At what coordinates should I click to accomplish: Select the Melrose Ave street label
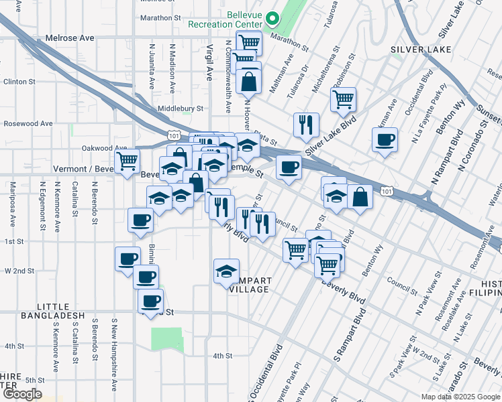click(x=70, y=38)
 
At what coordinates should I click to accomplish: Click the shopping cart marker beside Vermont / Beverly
click(x=128, y=160)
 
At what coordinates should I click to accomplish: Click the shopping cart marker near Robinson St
click(x=343, y=100)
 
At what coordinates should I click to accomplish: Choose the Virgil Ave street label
click(x=209, y=63)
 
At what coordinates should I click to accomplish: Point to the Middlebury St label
click(x=180, y=108)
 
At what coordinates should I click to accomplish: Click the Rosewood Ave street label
click(x=28, y=123)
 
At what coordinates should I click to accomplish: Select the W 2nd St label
click(x=19, y=271)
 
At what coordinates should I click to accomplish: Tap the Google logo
click(x=21, y=394)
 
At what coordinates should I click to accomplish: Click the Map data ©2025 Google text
click(x=460, y=397)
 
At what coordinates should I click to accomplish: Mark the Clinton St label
click(x=19, y=82)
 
